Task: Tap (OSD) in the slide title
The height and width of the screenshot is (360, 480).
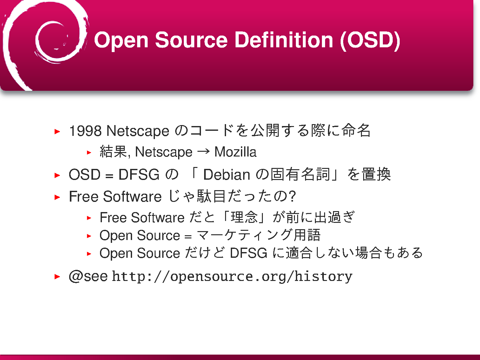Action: point(370,41)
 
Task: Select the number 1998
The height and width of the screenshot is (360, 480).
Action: point(85,131)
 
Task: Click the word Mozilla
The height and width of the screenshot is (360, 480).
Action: point(235,152)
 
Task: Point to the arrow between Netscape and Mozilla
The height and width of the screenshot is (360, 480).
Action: point(203,151)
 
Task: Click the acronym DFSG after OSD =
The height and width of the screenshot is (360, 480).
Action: point(139,174)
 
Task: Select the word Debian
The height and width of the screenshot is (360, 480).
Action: point(227,175)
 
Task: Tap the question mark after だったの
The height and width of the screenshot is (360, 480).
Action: point(292,196)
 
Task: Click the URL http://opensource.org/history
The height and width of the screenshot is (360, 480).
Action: point(232,277)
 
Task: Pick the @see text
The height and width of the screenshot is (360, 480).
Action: point(88,276)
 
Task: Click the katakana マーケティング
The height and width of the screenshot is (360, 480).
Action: point(244,235)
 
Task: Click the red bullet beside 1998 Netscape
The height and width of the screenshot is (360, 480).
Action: point(57,131)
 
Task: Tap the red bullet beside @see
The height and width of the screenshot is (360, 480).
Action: point(57,277)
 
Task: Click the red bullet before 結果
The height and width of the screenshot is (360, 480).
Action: point(89,152)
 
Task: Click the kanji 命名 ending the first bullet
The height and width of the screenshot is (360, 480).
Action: point(356,130)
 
